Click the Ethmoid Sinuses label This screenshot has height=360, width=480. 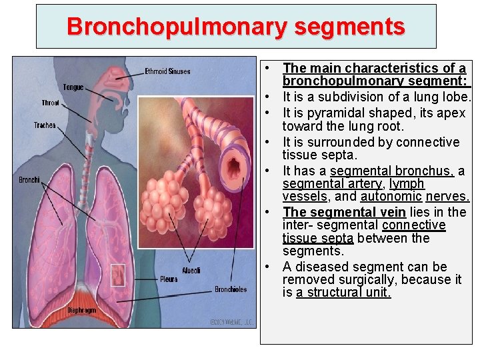pyautogui.click(x=167, y=71)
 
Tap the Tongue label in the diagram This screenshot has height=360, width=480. pyautogui.click(x=73, y=87)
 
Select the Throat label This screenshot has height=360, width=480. pyautogui.click(x=50, y=103)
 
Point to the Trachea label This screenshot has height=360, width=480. pyautogui.click(x=45, y=125)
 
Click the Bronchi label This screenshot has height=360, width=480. pyautogui.click(x=29, y=179)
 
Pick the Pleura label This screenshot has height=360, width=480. pyautogui.click(x=169, y=279)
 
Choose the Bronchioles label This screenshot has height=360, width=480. pyautogui.click(x=231, y=289)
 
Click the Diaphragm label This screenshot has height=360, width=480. pyautogui.click(x=81, y=311)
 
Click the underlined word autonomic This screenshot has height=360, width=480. pyautogui.click(x=391, y=197)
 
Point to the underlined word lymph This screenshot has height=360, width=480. pyautogui.click(x=407, y=183)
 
